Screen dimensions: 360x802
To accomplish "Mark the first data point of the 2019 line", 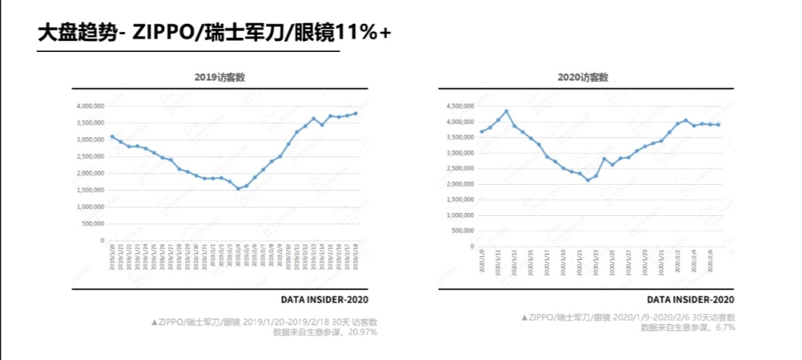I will [112, 137].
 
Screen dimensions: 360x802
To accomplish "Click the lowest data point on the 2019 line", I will [238, 189].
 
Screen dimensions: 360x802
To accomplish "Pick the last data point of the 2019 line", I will [356, 114].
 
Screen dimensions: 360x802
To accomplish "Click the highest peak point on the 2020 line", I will [506, 111].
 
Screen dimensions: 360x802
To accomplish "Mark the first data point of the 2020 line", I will [482, 131].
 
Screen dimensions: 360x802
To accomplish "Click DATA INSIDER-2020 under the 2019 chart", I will [324, 300].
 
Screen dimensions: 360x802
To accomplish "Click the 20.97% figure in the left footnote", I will [362, 332].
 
